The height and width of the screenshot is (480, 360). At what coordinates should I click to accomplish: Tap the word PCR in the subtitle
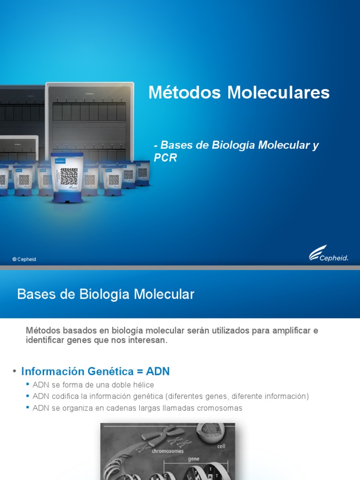[165, 158]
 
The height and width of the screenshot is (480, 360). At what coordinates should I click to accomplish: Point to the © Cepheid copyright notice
[24, 259]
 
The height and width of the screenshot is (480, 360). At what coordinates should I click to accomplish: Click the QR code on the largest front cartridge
[68, 176]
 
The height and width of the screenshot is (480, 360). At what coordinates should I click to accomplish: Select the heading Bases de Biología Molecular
[105, 294]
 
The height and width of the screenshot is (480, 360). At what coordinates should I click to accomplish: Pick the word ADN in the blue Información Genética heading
[157, 372]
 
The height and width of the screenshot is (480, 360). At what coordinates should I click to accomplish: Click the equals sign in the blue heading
[138, 372]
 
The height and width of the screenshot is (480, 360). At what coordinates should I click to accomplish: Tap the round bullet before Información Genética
[15, 371]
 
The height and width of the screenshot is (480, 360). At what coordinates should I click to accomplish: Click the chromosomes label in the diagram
[167, 451]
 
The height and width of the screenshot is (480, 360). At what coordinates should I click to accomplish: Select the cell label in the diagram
[221, 446]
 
